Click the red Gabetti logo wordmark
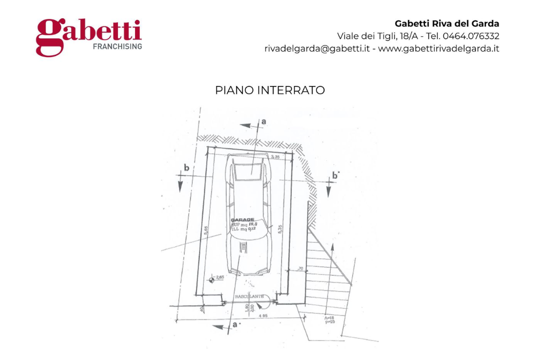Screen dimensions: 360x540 (x=89, y=34)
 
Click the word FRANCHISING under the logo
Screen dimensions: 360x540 (x=118, y=46)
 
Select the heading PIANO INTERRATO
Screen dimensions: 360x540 (x=270, y=90)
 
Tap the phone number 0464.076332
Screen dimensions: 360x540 (x=470, y=36)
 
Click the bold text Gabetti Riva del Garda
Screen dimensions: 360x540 (x=447, y=23)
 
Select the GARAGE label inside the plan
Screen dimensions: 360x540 (x=242, y=220)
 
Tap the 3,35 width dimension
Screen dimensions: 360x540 (x=275, y=157)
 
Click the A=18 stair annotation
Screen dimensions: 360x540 (x=329, y=317)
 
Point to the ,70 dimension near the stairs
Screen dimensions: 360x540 (x=300, y=269)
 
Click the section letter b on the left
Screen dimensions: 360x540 (x=186, y=168)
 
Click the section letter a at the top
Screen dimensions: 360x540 (x=263, y=121)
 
